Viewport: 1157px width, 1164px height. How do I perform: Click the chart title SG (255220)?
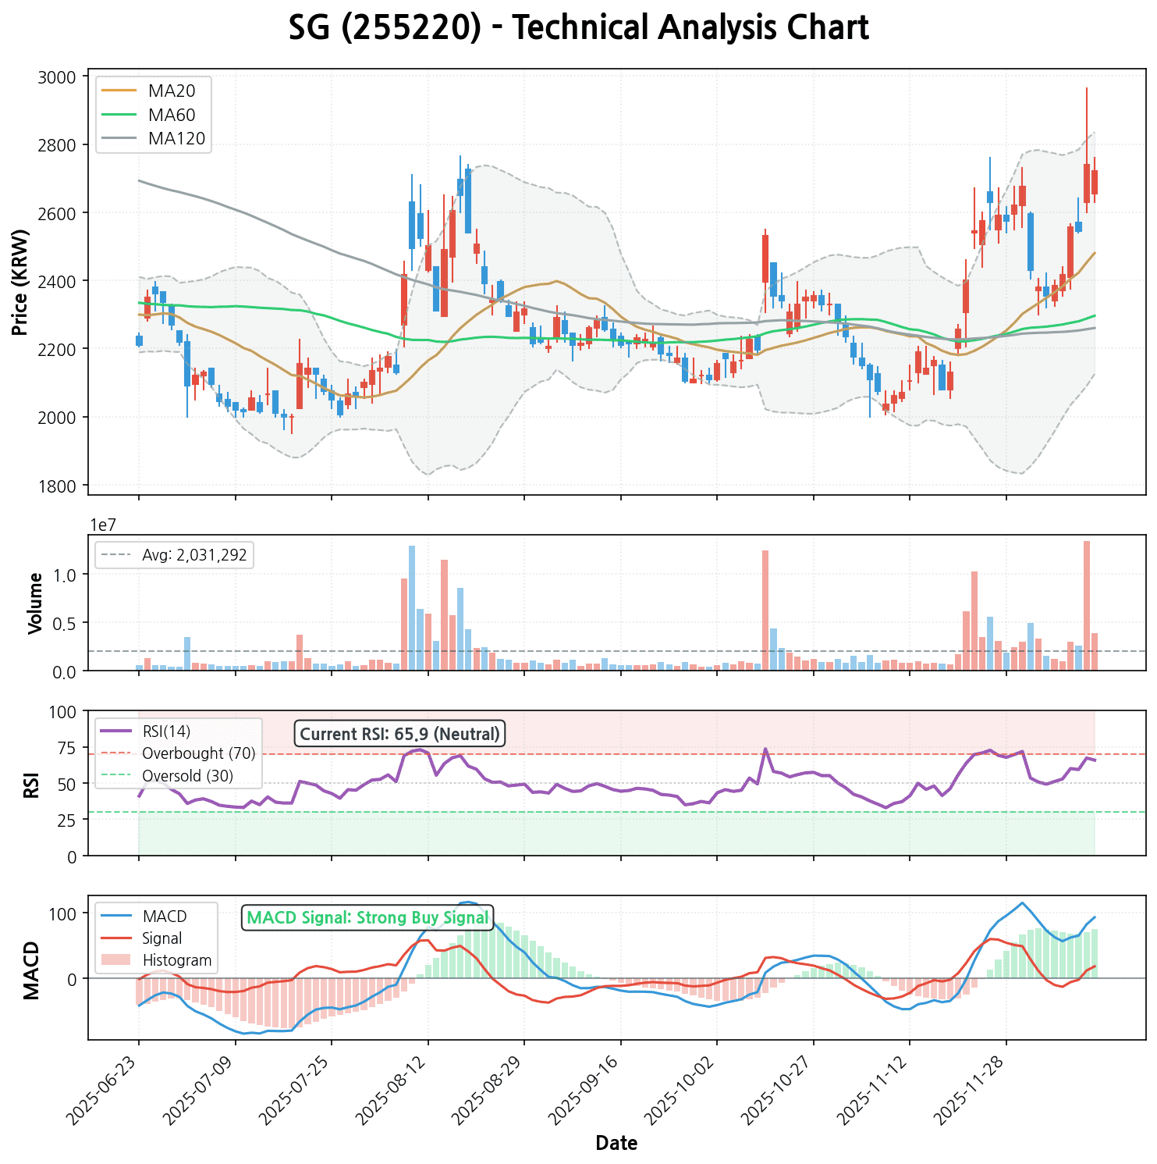[x=578, y=29]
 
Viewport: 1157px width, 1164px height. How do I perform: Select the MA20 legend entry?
[x=172, y=91]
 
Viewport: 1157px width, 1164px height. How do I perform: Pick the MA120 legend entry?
[x=176, y=139]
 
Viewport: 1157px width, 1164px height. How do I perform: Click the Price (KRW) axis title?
[x=21, y=283]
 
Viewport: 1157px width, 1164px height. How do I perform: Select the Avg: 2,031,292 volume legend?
[x=193, y=556]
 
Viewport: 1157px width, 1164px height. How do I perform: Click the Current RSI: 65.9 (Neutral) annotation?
[x=399, y=734]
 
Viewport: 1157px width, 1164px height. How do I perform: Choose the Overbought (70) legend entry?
[x=198, y=754]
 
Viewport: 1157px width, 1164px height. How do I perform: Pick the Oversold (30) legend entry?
[x=187, y=777]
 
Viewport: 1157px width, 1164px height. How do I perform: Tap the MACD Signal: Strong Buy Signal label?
[x=367, y=918]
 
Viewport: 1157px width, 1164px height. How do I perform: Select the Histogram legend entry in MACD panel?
[x=177, y=960]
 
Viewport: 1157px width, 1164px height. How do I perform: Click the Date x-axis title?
[x=616, y=1144]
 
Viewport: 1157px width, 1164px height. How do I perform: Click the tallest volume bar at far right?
[x=1086, y=605]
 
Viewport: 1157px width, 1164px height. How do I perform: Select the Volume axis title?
[x=35, y=603]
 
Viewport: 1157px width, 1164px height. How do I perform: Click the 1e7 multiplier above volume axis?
[x=104, y=525]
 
